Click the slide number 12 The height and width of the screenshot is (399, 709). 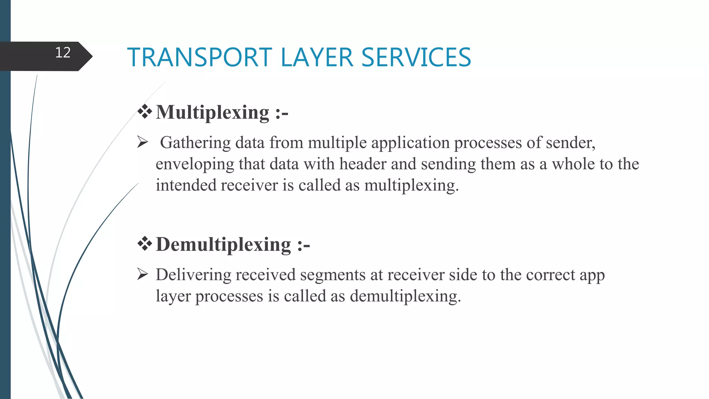tap(63, 53)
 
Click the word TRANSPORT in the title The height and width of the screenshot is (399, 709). tap(200, 57)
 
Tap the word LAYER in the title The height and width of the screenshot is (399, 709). tap(317, 57)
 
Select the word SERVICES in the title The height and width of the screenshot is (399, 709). tap(416, 57)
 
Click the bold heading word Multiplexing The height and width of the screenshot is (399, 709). tap(213, 113)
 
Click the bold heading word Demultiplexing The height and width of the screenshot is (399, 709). tap(224, 245)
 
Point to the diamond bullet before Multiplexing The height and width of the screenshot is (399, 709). tap(145, 112)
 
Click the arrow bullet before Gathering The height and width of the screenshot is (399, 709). tap(143, 142)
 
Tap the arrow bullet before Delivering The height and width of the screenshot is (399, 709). tap(143, 274)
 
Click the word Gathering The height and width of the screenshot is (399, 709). tap(195, 143)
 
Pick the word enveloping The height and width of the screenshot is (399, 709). tap(195, 165)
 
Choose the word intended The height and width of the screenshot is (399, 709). tap(186, 185)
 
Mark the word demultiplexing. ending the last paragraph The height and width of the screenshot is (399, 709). tap(405, 297)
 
